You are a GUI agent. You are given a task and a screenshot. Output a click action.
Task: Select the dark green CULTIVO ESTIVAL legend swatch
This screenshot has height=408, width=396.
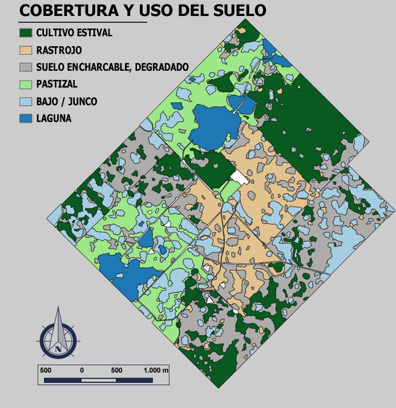pos(26,33)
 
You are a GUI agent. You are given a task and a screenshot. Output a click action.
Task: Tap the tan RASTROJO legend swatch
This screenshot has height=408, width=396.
pos(26,50)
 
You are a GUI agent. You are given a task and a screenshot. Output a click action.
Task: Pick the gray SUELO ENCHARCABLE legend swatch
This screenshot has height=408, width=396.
pos(26,67)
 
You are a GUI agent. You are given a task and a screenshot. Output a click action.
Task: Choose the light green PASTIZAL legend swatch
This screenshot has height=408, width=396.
pos(26,84)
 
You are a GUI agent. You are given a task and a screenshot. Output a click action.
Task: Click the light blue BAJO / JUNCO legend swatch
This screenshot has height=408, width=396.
pos(26,102)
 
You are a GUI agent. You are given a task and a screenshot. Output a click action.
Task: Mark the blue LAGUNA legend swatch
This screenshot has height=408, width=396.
pos(26,119)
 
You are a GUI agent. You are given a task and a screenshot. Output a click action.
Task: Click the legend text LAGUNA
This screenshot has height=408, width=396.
pos(54,119)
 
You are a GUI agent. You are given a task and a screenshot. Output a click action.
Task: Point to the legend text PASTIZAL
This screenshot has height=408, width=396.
pos(56,84)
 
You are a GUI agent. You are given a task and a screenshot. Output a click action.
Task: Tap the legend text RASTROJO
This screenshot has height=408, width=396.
pos(59,50)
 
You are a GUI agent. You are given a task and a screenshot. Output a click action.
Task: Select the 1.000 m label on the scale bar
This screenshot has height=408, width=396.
pos(156,370)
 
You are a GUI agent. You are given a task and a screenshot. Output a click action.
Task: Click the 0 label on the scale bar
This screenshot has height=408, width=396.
pos(82,370)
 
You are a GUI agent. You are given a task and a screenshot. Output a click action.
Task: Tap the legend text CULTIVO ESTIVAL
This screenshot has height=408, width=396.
pos(74,33)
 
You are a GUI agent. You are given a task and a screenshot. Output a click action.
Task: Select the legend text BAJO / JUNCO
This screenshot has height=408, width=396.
pos(66,102)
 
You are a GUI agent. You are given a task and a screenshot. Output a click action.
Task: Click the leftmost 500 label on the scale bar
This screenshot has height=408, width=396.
pos(46,370)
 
